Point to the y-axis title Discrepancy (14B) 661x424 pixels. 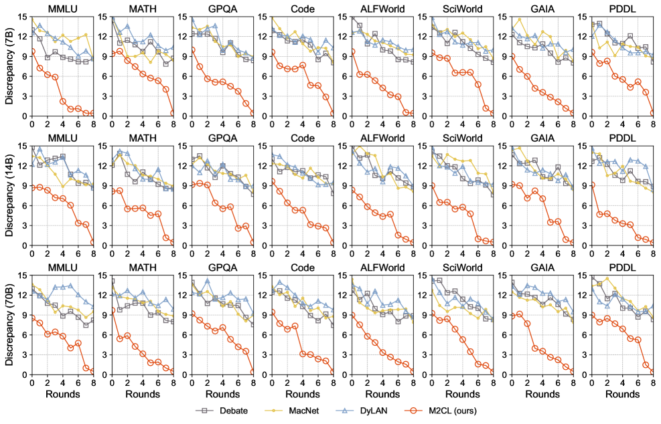click(9, 195)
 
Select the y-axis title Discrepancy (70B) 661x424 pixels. click(9, 324)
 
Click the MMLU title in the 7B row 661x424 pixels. click(62, 9)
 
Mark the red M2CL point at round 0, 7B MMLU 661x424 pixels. click(31, 51)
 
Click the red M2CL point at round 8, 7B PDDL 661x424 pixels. click(653, 113)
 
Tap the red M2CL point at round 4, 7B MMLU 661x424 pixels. click(62, 102)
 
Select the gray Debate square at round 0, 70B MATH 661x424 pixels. click(112, 281)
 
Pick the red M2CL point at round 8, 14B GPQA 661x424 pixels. click(253, 243)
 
